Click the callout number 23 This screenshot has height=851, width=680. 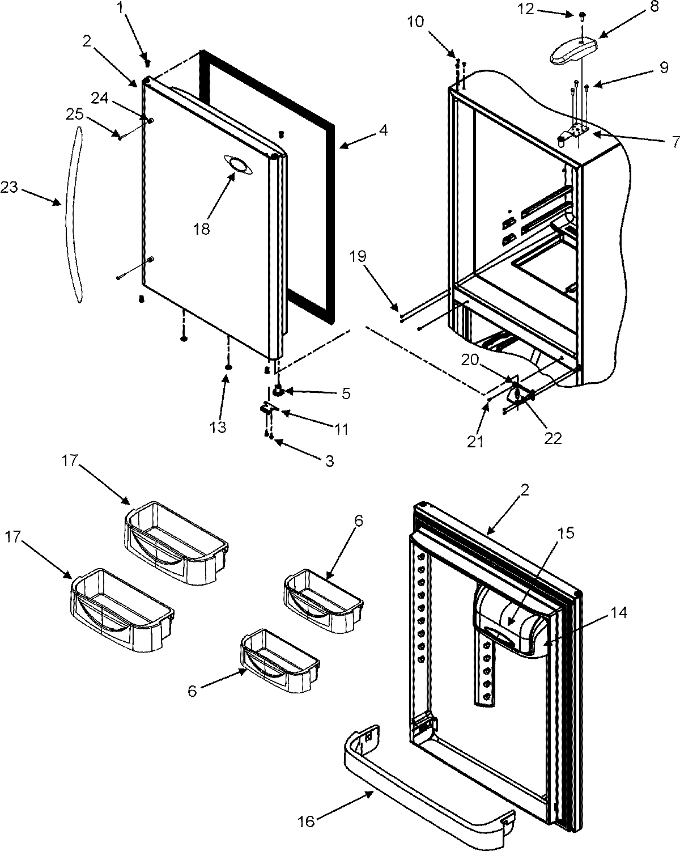tap(10, 187)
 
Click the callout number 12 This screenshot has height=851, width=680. tap(526, 10)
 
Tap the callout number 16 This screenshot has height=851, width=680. tap(306, 822)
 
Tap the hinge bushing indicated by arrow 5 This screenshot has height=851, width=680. tap(278, 390)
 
